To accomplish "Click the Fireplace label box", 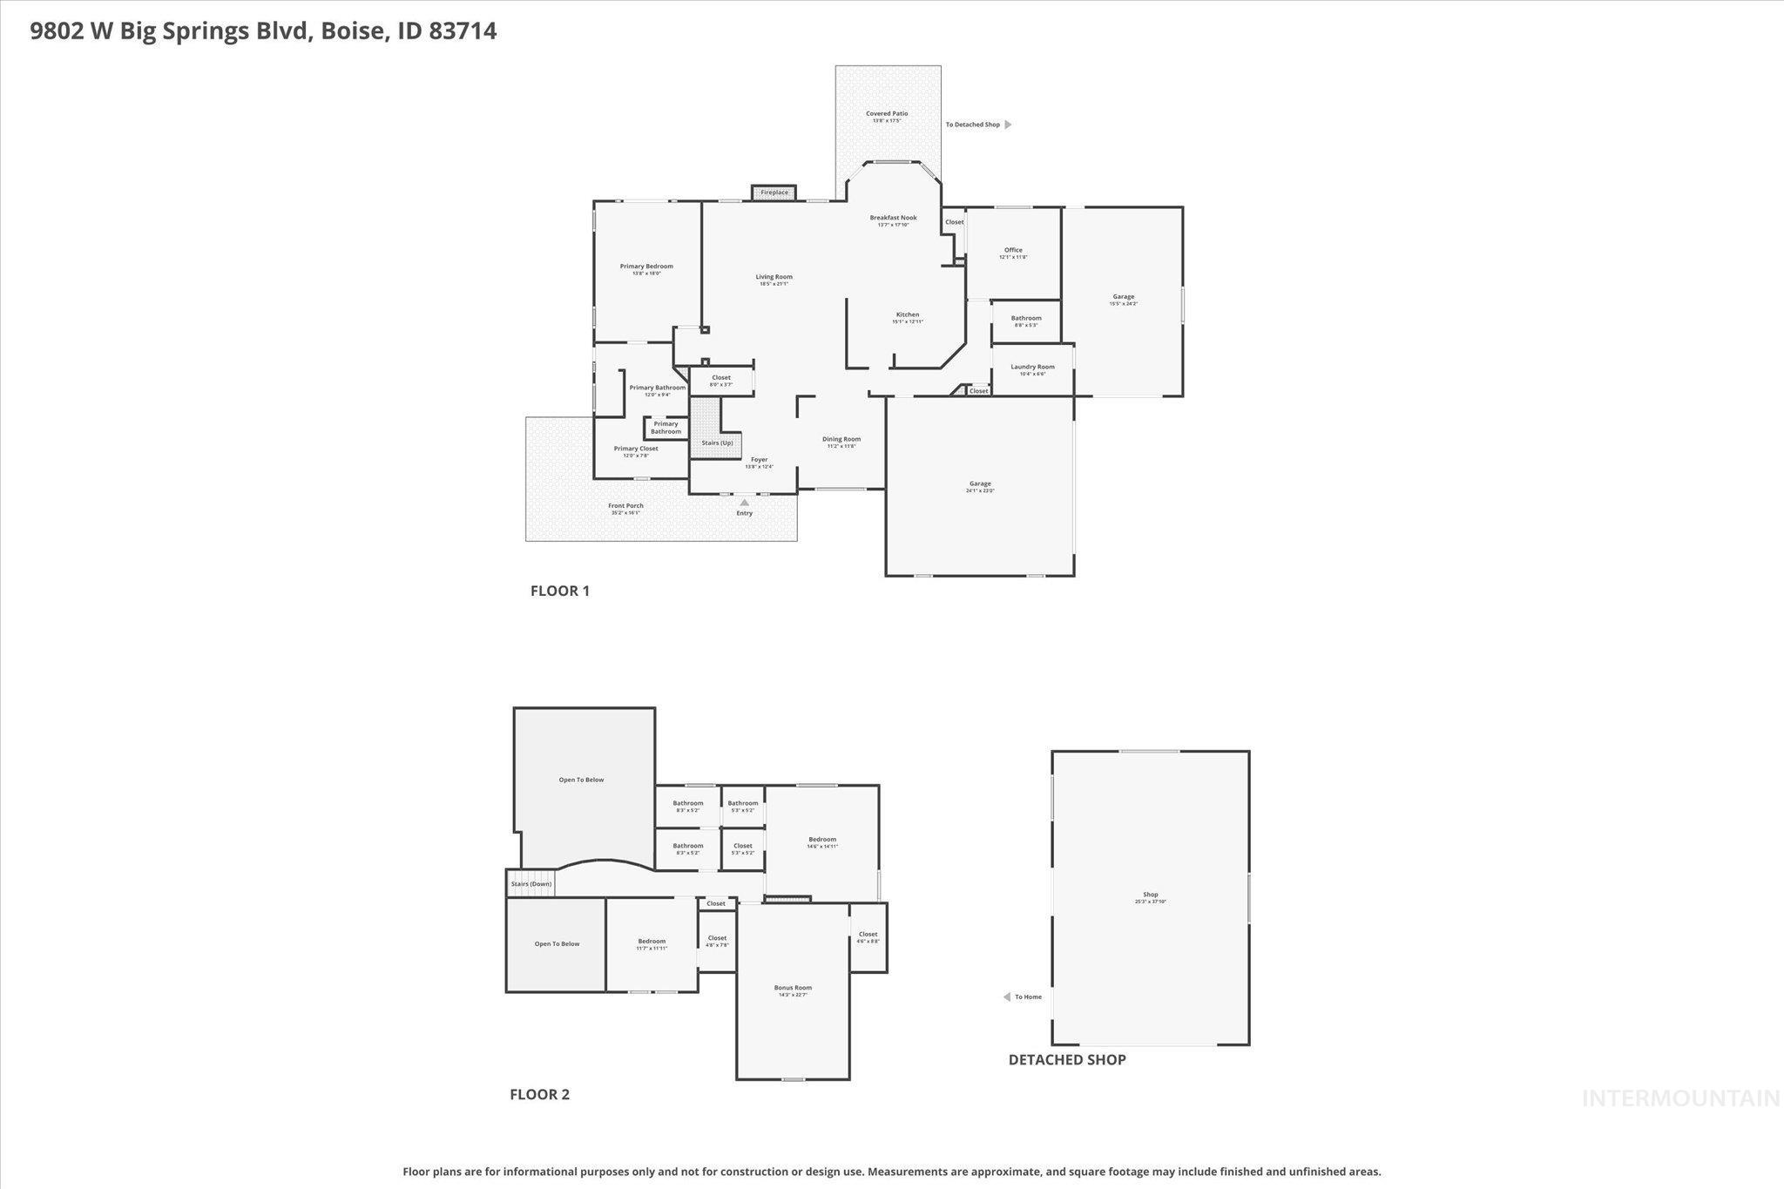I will (774, 193).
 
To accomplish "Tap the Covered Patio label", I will (887, 114).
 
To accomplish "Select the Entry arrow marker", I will (744, 502).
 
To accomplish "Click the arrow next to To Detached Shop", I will (1008, 125).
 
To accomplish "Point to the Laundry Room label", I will (1032, 367).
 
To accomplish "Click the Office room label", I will (1013, 250).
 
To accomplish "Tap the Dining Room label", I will (841, 439).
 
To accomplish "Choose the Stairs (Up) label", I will (717, 442).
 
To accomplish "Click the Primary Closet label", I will (636, 449).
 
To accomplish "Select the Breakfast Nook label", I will (893, 218).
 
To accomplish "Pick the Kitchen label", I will (908, 314).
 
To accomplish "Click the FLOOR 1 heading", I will (560, 591).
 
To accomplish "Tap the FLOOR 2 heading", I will (539, 1094).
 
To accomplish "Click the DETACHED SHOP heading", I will (1067, 1059).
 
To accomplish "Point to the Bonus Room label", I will (793, 988).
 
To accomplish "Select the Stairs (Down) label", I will (531, 884).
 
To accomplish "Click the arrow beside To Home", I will (1006, 996).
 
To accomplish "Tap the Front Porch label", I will (625, 506).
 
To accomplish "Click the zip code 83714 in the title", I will (463, 31).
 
